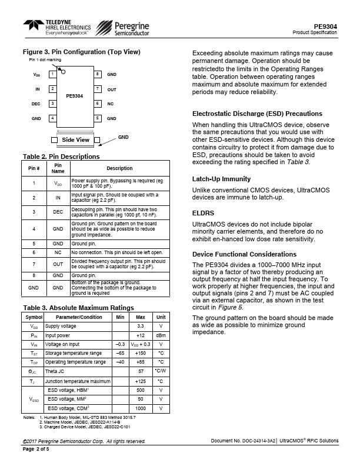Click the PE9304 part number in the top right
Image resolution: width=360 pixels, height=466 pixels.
325,26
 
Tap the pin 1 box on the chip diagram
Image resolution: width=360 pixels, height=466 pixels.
52,74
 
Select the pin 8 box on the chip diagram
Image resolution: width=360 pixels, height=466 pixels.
97,74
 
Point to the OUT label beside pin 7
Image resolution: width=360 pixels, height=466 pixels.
112,89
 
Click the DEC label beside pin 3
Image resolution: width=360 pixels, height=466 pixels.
36,104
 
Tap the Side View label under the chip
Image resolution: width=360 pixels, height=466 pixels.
76,140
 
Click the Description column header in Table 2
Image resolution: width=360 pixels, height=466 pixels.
119,168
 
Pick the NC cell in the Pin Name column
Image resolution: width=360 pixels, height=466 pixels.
58,252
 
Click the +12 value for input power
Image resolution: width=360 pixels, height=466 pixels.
141,335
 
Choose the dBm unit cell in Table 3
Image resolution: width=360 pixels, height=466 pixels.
161,335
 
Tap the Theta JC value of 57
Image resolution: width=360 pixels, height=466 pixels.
141,372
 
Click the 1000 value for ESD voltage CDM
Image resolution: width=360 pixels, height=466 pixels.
141,408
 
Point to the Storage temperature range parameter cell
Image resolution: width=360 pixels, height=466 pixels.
75,353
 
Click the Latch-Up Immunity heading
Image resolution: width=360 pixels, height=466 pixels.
222,179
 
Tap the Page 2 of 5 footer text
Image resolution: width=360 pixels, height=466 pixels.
36,450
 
